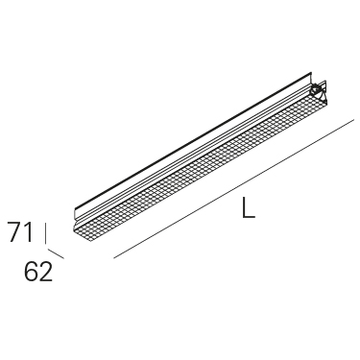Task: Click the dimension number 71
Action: (21, 232)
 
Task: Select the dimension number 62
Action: (38, 272)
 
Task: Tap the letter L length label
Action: (249, 207)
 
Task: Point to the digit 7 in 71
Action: (14, 232)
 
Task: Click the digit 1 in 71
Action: (29, 232)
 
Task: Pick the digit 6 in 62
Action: (31, 272)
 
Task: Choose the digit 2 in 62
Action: (46, 272)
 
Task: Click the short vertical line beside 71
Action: (46, 232)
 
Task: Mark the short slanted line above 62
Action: (56, 253)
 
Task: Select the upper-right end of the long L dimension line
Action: (353, 120)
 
